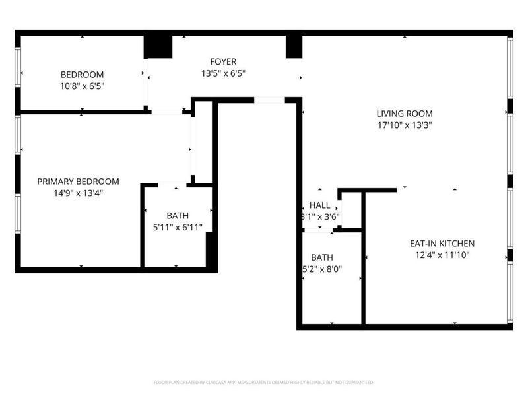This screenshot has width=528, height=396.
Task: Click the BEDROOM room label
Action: [x=82, y=75]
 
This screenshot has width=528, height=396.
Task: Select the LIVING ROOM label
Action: [x=404, y=113]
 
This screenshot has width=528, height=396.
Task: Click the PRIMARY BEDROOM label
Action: [x=78, y=181]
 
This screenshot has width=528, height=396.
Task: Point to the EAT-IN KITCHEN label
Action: [x=442, y=243]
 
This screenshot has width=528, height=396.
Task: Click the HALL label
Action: [x=320, y=205]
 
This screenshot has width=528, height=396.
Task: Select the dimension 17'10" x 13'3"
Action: [x=404, y=124]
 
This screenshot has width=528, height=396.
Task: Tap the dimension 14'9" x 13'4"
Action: [x=78, y=193]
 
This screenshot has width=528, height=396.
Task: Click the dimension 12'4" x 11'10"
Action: [x=442, y=254]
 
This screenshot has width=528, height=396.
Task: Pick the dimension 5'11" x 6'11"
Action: [x=178, y=227]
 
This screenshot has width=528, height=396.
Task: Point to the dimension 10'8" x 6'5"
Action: [x=82, y=86]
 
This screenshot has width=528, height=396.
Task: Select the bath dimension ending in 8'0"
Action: [x=321, y=269]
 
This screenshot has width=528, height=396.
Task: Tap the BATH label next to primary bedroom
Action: [x=178, y=216]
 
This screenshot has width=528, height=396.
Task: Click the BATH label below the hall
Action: [x=321, y=257]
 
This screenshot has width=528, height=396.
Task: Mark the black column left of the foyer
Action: [x=158, y=46]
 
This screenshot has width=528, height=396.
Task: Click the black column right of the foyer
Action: [x=294, y=46]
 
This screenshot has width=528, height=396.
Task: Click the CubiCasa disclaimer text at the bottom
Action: [x=263, y=382]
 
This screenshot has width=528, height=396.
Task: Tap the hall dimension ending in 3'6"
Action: [x=321, y=216]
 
